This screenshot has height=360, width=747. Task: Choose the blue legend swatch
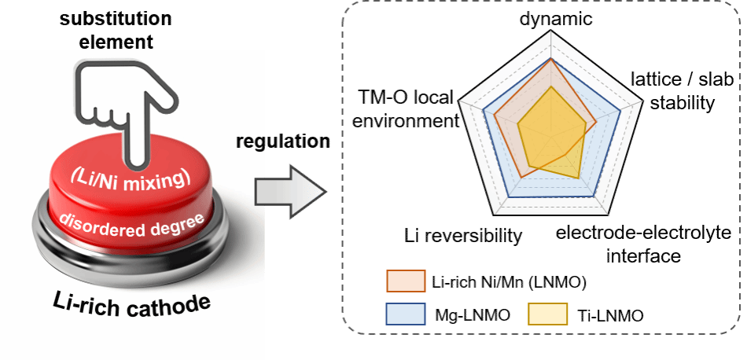(x=406, y=314)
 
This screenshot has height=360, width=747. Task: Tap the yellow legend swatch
(x=547, y=314)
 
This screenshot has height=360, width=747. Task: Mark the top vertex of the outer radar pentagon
(x=553, y=32)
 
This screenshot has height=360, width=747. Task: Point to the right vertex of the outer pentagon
(x=646, y=101)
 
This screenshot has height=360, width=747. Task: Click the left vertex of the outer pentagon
(x=460, y=101)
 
